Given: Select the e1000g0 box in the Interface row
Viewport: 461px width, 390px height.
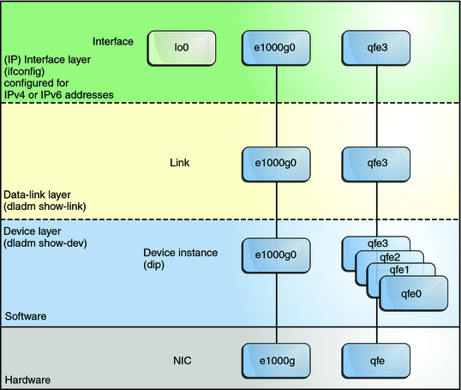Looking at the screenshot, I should pos(276,49).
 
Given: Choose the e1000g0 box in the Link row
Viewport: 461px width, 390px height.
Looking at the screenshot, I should pos(276,160).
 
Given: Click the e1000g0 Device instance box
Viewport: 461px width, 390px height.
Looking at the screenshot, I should pos(276,255).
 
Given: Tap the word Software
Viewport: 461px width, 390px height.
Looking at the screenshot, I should pos(26,316).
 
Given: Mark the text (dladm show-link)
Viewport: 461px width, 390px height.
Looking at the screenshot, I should pos(48,207).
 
